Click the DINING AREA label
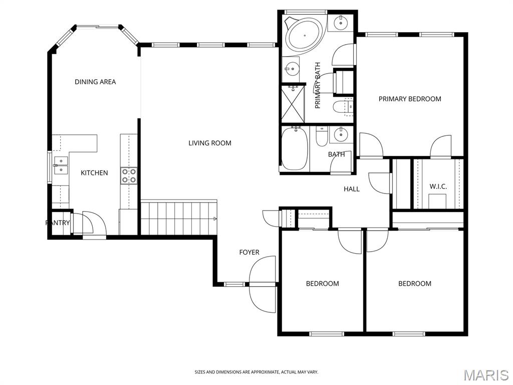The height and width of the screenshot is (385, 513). [95, 82]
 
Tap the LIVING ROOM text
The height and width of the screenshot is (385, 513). [210, 143]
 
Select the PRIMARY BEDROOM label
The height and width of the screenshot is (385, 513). [410, 99]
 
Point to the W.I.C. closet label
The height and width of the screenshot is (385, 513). [438, 186]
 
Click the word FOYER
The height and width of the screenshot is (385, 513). [249, 252]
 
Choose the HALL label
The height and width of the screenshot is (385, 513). [352, 189]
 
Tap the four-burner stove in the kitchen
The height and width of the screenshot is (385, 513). [129, 175]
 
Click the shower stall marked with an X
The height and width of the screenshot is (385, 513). [293, 104]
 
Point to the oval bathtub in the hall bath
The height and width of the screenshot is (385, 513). [295, 149]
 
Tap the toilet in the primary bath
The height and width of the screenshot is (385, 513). [343, 106]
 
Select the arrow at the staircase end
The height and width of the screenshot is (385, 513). [215, 219]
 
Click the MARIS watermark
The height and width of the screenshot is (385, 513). [485, 374]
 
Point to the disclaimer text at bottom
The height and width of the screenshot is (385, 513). [256, 372]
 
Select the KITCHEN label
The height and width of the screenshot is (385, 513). [94, 173]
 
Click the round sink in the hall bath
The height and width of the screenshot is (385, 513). [341, 134]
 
